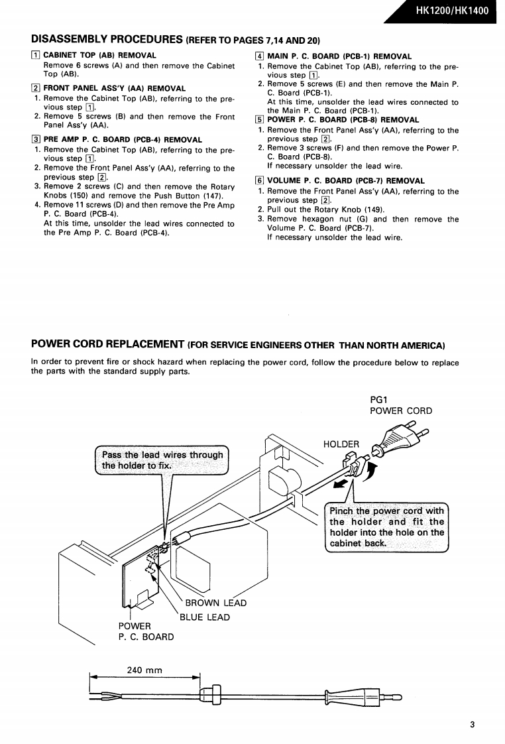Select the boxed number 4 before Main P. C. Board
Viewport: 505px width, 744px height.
click(260, 56)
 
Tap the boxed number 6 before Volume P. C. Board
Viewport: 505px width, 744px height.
click(260, 180)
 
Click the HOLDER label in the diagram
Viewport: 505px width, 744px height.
click(341, 444)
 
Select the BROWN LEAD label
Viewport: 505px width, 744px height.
click(215, 603)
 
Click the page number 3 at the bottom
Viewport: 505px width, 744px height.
click(473, 725)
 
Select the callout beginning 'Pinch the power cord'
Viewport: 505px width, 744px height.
click(387, 527)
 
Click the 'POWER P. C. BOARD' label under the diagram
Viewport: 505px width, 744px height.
click(146, 631)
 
